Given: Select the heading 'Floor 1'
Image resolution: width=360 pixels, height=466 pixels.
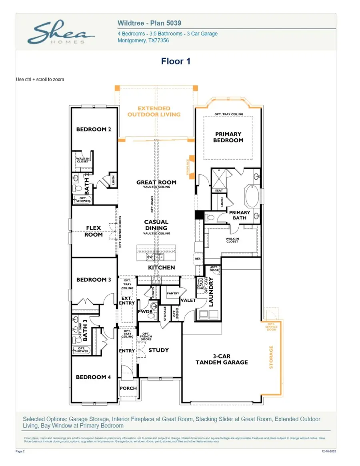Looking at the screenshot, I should [x=176, y=61].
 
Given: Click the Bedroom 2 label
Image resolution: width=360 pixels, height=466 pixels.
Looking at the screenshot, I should [x=94, y=129].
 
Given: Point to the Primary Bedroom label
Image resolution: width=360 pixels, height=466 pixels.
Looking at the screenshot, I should [x=228, y=137].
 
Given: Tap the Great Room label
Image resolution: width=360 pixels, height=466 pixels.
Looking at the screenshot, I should [x=156, y=182].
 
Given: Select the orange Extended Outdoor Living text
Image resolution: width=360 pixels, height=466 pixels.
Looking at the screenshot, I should [x=154, y=111].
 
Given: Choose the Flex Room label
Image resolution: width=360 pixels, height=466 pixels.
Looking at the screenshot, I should [x=94, y=231].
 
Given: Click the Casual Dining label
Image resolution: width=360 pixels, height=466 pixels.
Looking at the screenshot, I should [x=156, y=225].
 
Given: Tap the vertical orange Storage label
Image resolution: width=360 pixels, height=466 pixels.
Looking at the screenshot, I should [x=271, y=357].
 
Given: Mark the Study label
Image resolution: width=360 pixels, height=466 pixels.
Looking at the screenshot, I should [x=159, y=350].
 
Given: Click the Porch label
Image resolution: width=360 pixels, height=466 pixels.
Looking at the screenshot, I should [x=128, y=388].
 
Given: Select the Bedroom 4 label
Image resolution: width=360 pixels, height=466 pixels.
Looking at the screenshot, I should [x=94, y=377].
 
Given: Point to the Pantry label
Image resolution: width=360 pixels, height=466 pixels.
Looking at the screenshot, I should [x=173, y=293].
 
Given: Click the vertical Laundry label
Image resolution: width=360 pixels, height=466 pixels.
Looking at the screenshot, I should [x=212, y=291].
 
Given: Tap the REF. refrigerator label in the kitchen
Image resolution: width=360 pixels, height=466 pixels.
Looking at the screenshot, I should [x=198, y=259].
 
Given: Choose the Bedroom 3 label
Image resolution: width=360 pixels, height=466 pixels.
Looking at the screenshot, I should [x=94, y=279].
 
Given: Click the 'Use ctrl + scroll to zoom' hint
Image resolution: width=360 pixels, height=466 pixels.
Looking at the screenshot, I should [x=40, y=80].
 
